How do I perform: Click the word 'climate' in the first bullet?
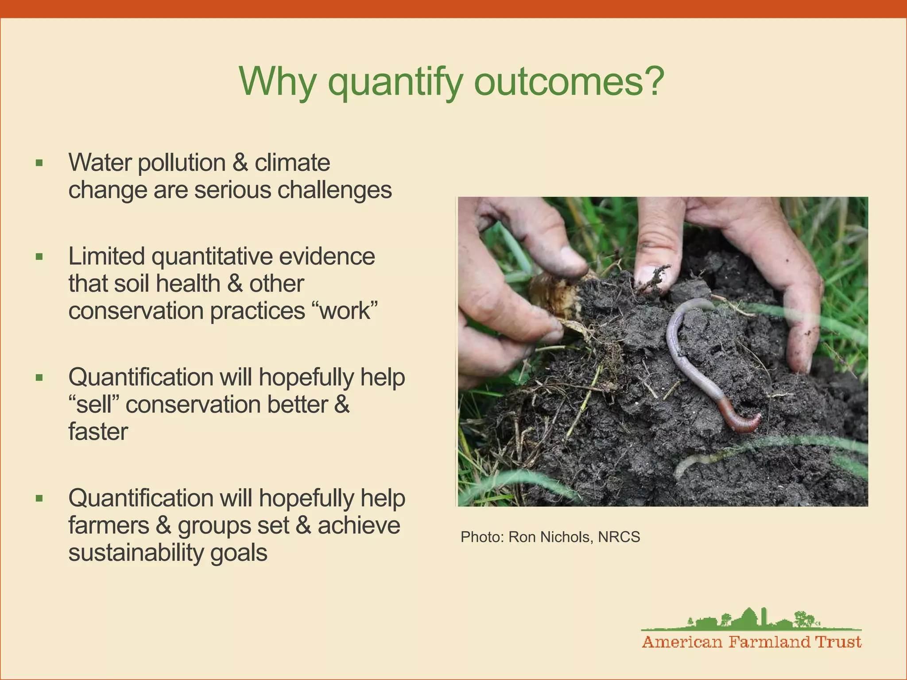[x=292, y=162]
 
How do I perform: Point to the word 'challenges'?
[x=335, y=190]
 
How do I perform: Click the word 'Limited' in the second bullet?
[x=106, y=256]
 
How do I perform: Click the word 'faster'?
[x=98, y=432]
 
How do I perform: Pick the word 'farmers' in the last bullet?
[x=109, y=525]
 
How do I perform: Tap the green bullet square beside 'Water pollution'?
[x=39, y=163]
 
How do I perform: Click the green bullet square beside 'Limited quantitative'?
[x=39, y=257]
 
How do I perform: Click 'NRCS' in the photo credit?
[x=619, y=537]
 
